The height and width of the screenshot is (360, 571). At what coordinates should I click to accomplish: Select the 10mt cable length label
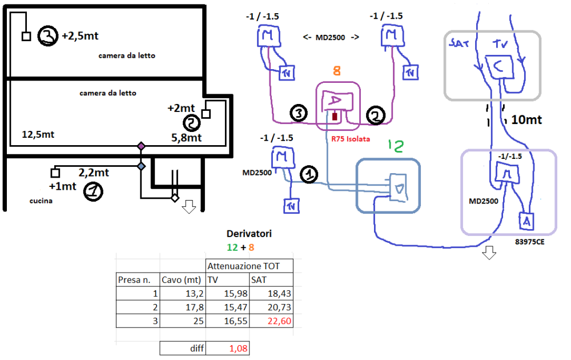pos(526,121)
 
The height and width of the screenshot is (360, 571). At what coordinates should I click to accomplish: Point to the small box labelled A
pos(526,220)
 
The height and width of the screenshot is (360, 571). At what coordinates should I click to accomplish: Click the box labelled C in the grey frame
pos(498,67)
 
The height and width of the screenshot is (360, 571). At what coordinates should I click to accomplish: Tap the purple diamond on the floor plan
pos(141,147)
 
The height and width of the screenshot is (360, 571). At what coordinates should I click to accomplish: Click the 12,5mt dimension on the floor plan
pos(38,135)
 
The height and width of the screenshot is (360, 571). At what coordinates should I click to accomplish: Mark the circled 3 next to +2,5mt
pos(48,36)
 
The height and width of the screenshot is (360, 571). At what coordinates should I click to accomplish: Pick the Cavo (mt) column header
pos(182,280)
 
